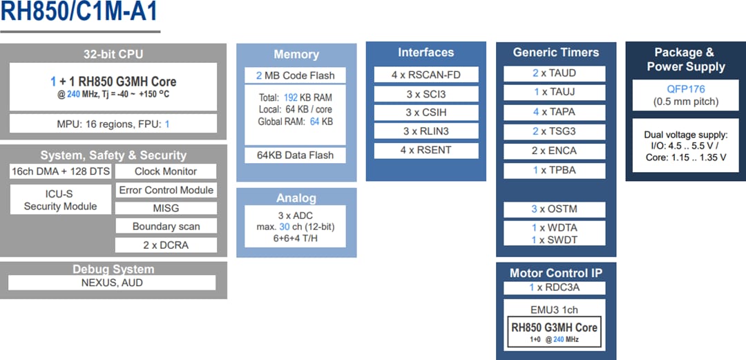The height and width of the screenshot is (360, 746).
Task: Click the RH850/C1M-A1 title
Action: (x=80, y=13)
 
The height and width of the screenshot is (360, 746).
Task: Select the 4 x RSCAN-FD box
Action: (x=425, y=75)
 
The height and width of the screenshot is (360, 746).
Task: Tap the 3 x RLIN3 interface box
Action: (x=425, y=131)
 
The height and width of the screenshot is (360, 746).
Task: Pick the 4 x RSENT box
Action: (x=425, y=150)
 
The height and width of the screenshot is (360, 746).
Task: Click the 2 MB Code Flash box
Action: (x=295, y=75)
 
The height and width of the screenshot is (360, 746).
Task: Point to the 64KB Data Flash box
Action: (x=295, y=155)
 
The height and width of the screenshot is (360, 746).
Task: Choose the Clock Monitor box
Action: (x=166, y=171)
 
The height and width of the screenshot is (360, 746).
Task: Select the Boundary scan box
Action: (x=166, y=227)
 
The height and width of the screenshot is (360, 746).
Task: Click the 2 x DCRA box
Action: (x=166, y=245)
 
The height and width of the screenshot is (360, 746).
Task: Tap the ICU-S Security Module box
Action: (x=61, y=200)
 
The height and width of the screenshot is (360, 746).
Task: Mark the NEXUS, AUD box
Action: (x=112, y=283)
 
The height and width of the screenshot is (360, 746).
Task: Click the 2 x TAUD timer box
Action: (x=554, y=73)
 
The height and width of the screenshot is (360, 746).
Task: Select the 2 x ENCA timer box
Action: (x=554, y=151)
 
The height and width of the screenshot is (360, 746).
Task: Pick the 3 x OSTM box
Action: (x=554, y=209)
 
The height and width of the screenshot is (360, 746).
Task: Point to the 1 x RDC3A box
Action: (x=554, y=287)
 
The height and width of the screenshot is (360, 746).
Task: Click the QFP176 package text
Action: (x=685, y=90)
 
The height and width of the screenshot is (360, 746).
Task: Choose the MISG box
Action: (x=166, y=208)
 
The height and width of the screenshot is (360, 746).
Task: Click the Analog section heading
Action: (x=296, y=198)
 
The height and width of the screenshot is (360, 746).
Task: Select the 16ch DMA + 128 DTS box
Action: (x=61, y=171)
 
